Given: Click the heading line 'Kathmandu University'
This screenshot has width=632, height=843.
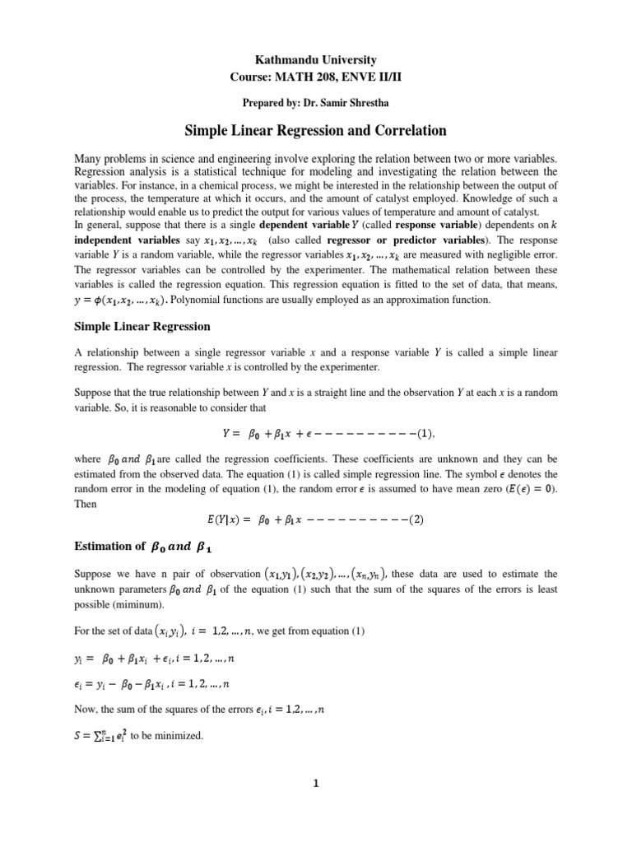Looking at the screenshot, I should pyautogui.click(x=316, y=60).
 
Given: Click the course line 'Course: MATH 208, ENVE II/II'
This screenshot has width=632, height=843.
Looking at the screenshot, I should pyautogui.click(x=316, y=77).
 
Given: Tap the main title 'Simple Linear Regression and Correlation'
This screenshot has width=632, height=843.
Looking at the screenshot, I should pyautogui.click(x=316, y=130).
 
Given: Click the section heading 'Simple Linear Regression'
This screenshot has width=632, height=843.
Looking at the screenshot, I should pyautogui.click(x=142, y=327).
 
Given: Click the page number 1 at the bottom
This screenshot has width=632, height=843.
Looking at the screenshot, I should pyautogui.click(x=316, y=785).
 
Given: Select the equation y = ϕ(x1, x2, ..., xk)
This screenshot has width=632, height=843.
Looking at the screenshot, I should pyautogui.click(x=132, y=299).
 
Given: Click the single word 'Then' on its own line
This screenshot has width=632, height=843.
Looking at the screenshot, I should pyautogui.click(x=86, y=504).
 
